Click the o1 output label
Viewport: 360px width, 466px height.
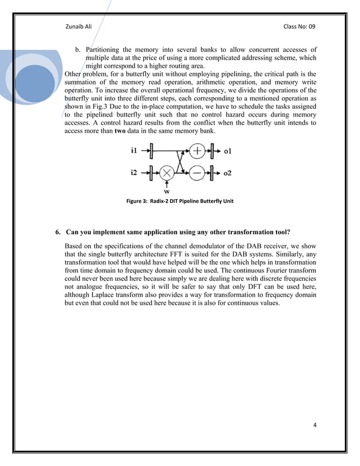(x=227, y=151)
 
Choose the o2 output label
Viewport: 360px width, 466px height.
(x=227, y=173)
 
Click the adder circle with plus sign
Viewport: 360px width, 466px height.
(x=197, y=151)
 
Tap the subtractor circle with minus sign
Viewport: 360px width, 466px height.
(x=197, y=172)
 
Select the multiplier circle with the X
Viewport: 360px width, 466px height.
(x=166, y=172)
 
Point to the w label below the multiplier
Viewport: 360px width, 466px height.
(x=166, y=191)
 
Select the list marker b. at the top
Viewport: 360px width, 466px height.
(x=78, y=50)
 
